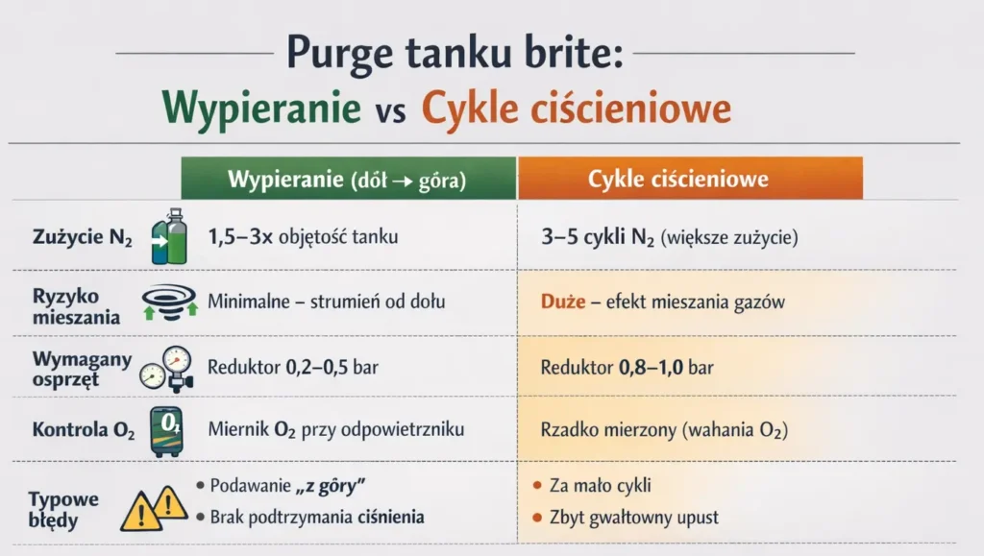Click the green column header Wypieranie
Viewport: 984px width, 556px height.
coord(348,179)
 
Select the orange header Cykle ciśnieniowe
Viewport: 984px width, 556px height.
coord(690,179)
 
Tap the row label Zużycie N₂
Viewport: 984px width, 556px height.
coord(83,237)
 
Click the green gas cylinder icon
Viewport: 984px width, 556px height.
coord(169,236)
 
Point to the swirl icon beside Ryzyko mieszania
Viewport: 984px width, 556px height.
coord(169,302)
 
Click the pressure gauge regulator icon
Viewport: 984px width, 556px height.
coord(167,369)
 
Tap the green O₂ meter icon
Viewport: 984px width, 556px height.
coord(167,430)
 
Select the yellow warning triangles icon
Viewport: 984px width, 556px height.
coord(153,507)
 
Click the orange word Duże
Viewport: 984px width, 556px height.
coord(563,302)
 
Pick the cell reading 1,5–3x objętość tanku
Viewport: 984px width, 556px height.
coord(303,237)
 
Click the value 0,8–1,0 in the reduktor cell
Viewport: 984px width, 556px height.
coord(651,367)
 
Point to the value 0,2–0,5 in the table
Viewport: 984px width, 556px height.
coord(317,367)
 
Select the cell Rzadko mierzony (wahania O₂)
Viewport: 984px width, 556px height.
coord(664,430)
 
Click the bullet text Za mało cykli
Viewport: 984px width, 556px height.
coord(600,485)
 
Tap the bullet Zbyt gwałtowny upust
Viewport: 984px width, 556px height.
coord(634,518)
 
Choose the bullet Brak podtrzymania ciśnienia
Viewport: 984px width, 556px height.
coord(317,517)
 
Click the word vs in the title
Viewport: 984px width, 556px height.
coord(390,112)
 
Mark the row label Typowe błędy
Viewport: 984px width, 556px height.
coord(63,510)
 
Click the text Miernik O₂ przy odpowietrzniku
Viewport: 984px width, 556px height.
coord(335,429)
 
